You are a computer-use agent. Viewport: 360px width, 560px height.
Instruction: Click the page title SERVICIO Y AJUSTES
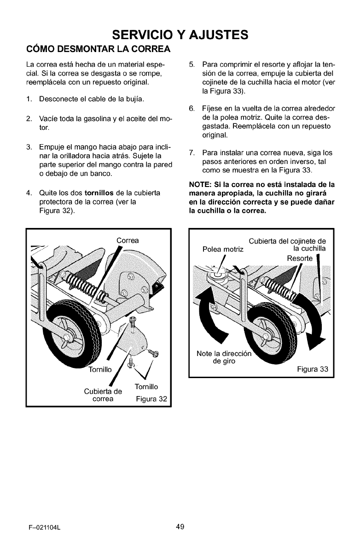pyautogui.click(x=180, y=35)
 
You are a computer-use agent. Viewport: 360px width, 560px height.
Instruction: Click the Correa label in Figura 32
pyautogui.click(x=128, y=240)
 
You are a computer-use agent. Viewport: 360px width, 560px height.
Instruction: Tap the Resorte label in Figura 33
pyautogui.click(x=300, y=258)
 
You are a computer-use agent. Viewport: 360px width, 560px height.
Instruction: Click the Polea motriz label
pyautogui.click(x=223, y=249)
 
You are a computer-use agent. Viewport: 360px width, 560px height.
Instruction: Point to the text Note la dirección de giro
pyautogui.click(x=225, y=357)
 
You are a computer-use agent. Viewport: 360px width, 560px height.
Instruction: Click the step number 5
pyautogui.click(x=192, y=63)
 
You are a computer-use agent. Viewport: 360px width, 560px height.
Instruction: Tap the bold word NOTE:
pyautogui.click(x=200, y=184)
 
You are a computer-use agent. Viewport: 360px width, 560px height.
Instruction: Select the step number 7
pyautogui.click(x=192, y=152)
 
